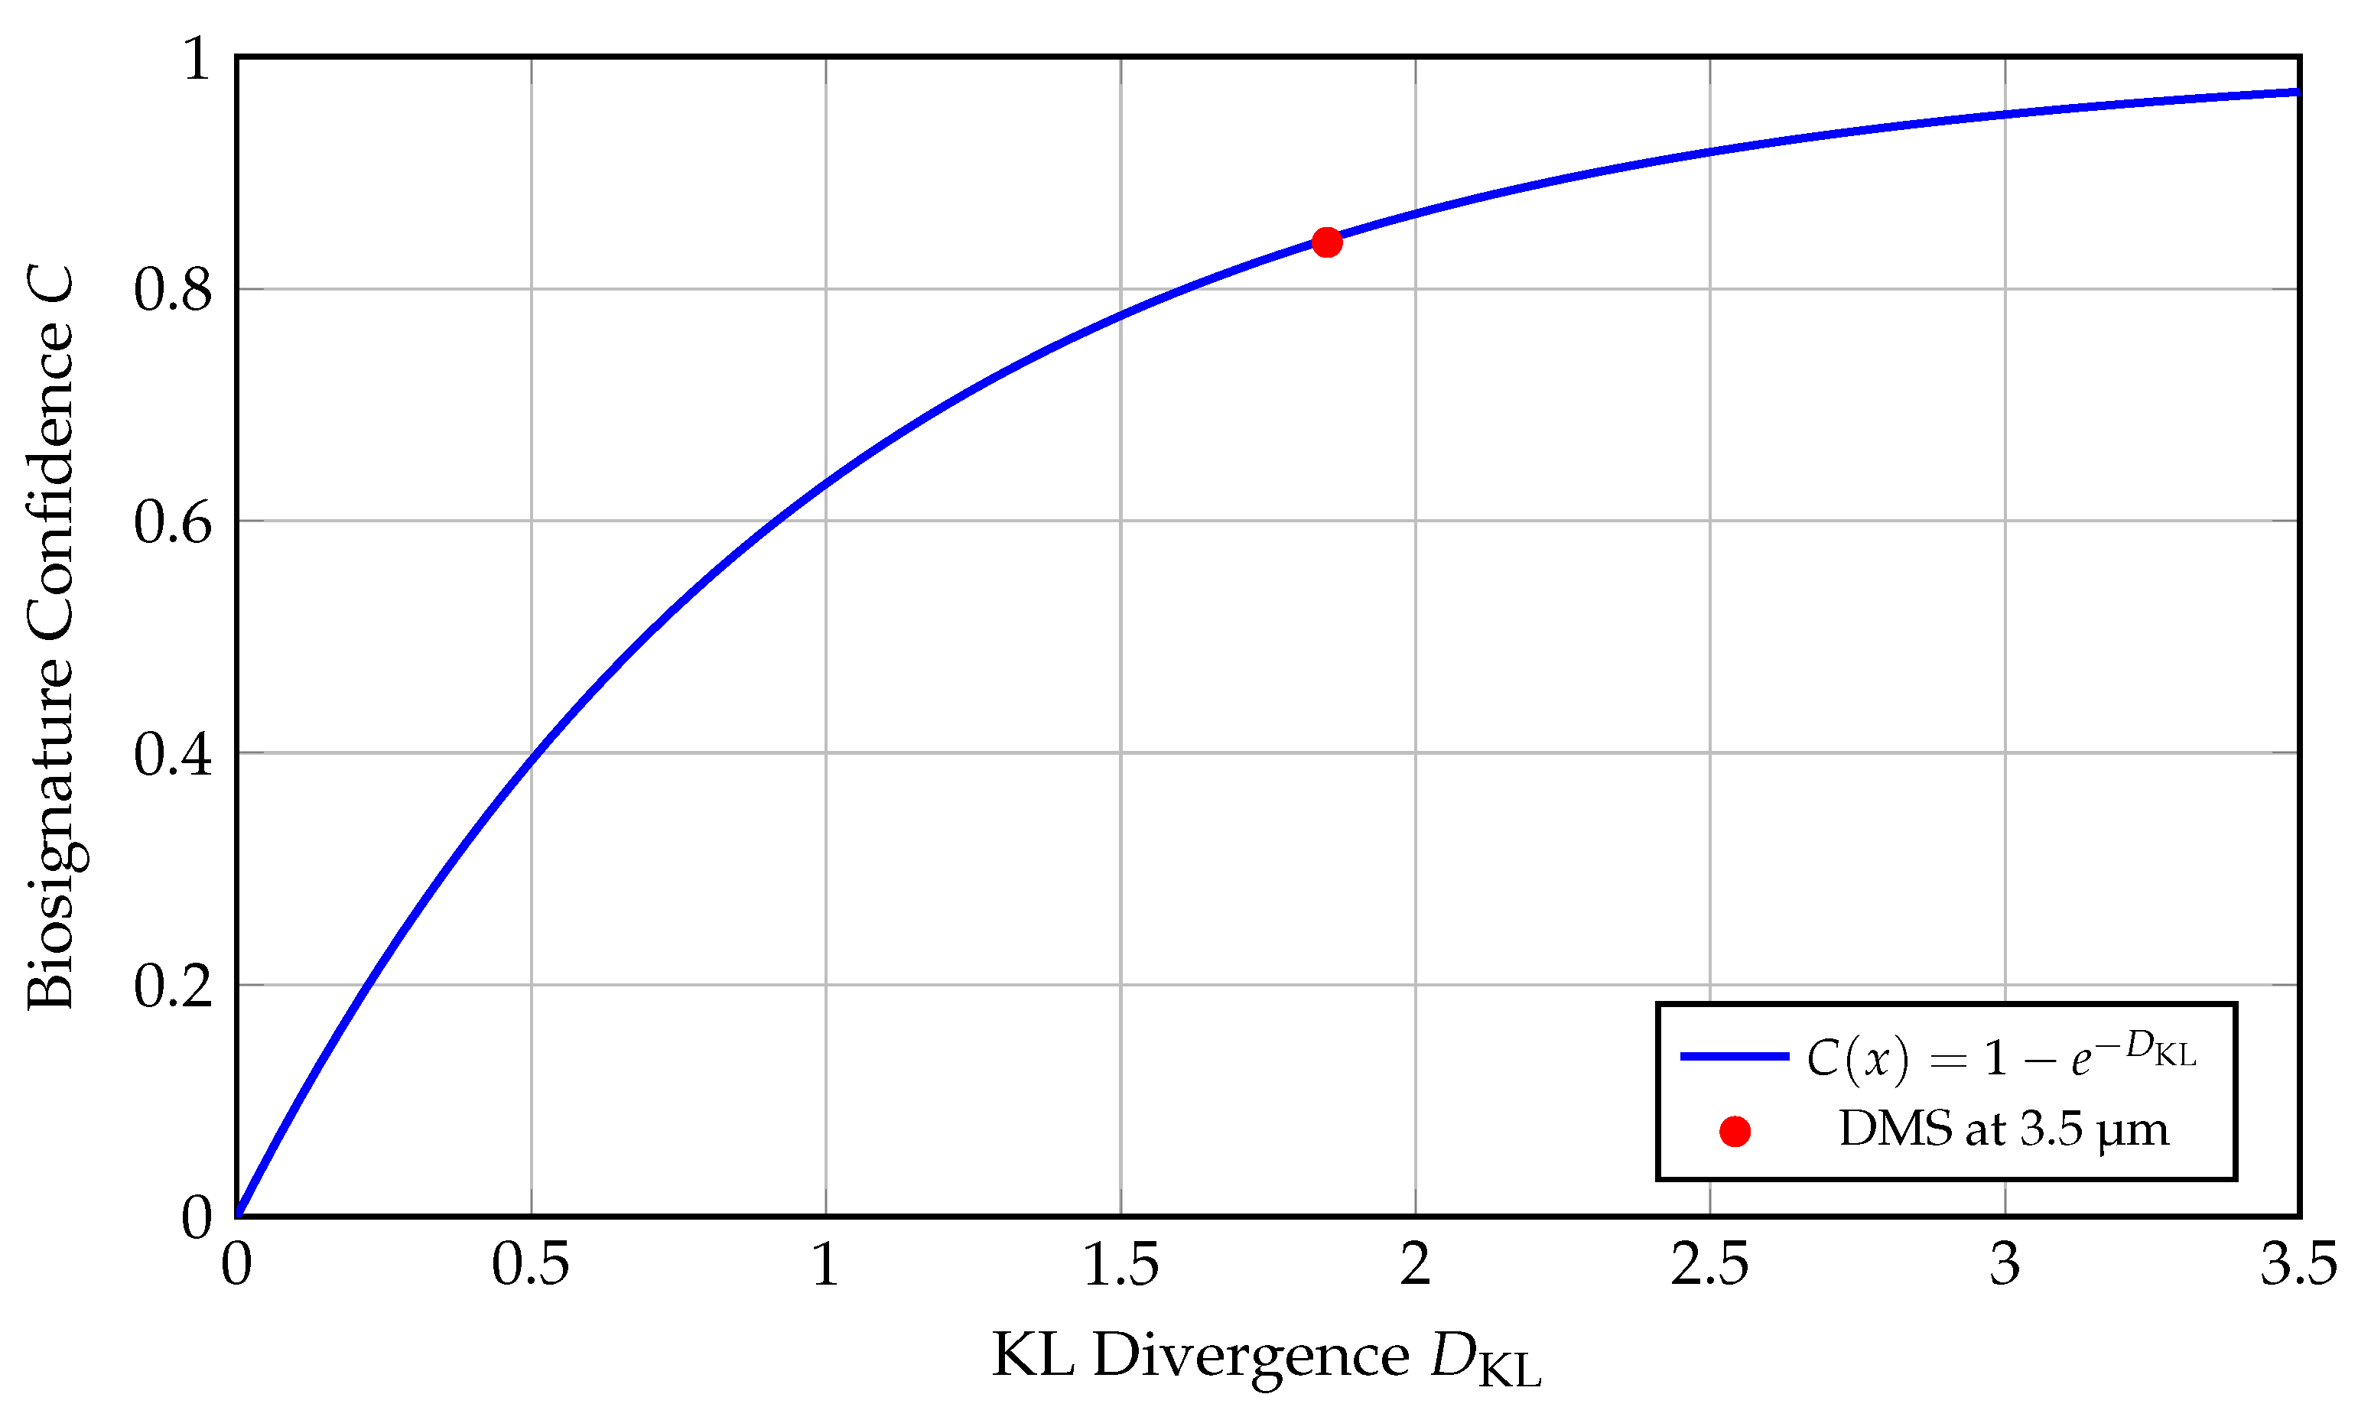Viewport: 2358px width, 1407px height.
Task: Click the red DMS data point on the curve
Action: click(x=1326, y=242)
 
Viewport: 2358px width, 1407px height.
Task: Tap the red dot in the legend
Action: click(x=1734, y=1131)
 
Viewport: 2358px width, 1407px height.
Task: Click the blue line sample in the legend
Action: click(x=1734, y=1056)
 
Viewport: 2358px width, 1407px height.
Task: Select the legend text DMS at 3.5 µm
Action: click(x=2003, y=1130)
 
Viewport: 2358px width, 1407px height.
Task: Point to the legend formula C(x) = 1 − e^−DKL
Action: click(x=2001, y=1055)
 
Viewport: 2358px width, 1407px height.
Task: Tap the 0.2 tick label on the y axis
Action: click(x=173, y=986)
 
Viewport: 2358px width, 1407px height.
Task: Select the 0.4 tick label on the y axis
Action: click(x=173, y=754)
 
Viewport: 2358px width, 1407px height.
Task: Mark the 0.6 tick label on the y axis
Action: click(x=173, y=522)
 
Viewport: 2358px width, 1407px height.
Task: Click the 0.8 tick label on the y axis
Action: click(x=173, y=289)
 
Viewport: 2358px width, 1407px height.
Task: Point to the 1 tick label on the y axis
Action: click(x=197, y=59)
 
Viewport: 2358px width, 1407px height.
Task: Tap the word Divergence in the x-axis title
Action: click(x=1251, y=1357)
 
